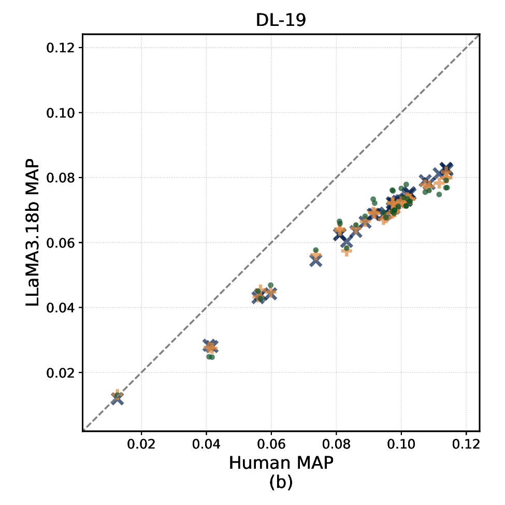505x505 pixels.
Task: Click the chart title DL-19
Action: (281, 20)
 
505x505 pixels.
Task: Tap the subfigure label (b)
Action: (281, 483)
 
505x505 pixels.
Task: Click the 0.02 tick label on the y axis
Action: (60, 373)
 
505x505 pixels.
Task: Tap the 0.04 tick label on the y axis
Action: (60, 308)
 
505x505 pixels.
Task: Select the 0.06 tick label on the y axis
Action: (60, 243)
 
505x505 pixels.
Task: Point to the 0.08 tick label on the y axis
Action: (60, 178)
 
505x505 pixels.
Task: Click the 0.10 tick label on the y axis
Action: (60, 113)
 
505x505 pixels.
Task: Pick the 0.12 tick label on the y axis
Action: (60, 48)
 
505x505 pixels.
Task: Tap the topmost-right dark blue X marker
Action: (446, 168)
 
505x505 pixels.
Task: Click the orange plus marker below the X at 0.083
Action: (347, 252)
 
